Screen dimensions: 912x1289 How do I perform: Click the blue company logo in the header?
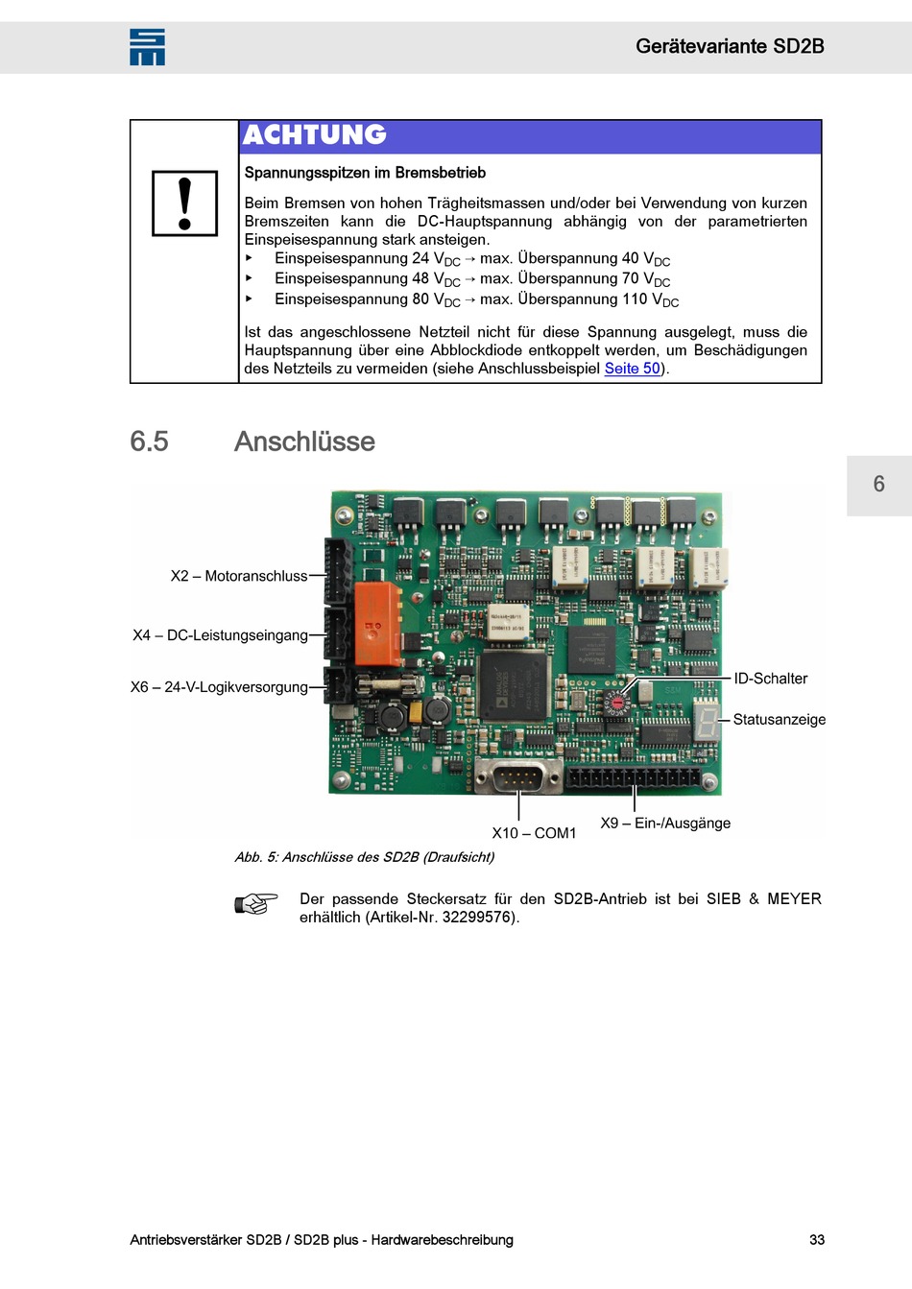tap(147, 47)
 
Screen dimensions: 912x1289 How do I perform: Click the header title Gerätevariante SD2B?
tap(730, 46)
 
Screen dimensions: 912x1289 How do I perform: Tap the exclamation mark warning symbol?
tap(185, 203)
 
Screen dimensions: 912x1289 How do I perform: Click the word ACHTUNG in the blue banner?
tap(315, 135)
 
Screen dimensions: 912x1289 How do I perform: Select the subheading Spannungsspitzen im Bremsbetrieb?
tap(365, 173)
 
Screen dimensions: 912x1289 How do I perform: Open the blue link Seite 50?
tap(632, 369)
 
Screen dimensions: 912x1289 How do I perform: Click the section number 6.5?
tap(150, 442)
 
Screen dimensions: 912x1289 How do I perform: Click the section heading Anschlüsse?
tap(304, 442)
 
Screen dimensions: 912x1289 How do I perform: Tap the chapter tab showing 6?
tap(878, 485)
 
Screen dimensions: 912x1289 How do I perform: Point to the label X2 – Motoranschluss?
tap(239, 576)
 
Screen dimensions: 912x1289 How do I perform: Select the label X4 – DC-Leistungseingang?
tap(221, 635)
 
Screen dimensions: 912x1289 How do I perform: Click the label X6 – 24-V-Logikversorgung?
tap(220, 687)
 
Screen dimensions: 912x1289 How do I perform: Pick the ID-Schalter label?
tap(770, 679)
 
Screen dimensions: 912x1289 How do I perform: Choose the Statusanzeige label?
tap(779, 720)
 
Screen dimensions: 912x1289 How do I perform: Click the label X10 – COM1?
tap(534, 833)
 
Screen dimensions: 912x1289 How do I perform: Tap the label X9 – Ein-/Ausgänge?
tap(665, 824)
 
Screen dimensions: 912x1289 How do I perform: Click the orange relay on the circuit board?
tap(378, 623)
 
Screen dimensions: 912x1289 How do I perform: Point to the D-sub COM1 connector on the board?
tap(519, 776)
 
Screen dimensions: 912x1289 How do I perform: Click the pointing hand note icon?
tap(256, 903)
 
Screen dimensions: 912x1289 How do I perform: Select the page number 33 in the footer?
tap(817, 1240)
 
